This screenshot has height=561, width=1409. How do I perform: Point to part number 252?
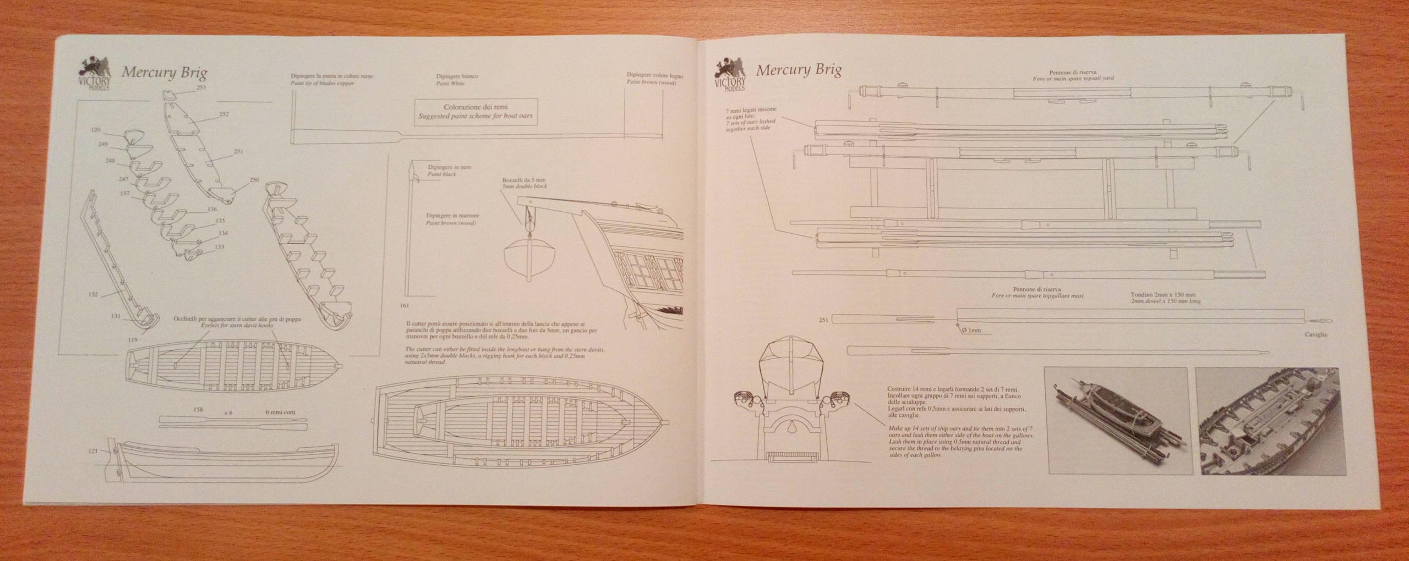click(223, 114)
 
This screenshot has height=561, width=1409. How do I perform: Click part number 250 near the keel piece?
click(253, 179)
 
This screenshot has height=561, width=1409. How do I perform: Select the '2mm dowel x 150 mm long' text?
click(1161, 301)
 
